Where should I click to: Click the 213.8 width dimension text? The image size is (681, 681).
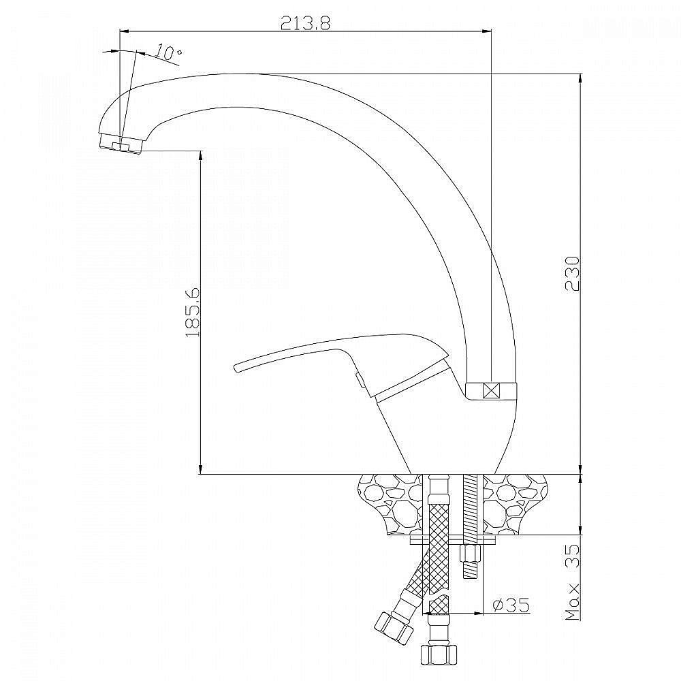click(305, 22)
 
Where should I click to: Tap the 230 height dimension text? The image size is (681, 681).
click(572, 274)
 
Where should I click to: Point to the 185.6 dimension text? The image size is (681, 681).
click(193, 311)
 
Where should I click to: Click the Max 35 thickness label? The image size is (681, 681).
click(573, 582)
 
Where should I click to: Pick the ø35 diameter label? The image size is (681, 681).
click(511, 604)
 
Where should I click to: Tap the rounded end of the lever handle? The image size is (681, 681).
click(237, 367)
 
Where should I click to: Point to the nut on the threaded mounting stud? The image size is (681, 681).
click(470, 553)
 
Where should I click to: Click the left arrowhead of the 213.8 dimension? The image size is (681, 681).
click(125, 31)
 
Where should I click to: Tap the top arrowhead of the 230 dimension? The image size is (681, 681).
click(581, 79)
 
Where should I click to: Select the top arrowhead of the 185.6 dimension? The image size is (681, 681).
click(200, 156)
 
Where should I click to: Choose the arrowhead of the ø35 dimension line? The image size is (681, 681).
click(478, 614)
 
